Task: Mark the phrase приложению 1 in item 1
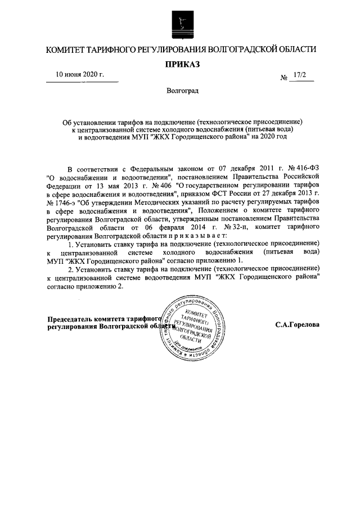(x=220, y=260)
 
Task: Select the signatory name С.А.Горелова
(x=297, y=325)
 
